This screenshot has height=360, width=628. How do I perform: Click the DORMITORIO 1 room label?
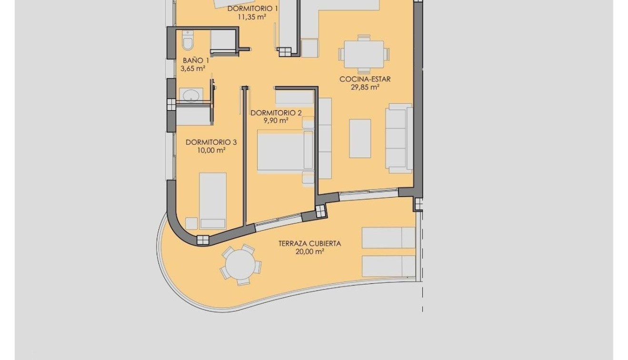coord(252,9)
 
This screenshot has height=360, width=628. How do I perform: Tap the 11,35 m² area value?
coord(252,17)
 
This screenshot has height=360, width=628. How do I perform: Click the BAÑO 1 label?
coord(196,60)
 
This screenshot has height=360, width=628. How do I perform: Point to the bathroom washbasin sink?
coord(190,95)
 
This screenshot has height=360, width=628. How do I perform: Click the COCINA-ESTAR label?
coord(365,79)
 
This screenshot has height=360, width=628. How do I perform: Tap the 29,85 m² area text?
coord(365,87)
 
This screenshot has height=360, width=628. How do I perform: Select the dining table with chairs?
coord(364,54)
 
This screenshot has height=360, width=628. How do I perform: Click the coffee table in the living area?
coord(360,138)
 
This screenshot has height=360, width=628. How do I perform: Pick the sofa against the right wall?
coord(399,138)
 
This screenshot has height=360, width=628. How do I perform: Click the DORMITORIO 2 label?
coord(276,113)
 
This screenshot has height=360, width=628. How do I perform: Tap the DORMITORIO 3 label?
coord(211,142)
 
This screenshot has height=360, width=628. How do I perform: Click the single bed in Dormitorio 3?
coord(212,200)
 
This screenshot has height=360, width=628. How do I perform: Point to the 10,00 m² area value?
coord(211,150)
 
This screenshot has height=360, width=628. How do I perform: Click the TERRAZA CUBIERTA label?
coord(309,243)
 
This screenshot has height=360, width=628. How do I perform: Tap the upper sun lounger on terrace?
coord(389,237)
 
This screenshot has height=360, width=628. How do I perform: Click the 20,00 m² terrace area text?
coord(309,251)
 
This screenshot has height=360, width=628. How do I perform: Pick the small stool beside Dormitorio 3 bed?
coord(191,223)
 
